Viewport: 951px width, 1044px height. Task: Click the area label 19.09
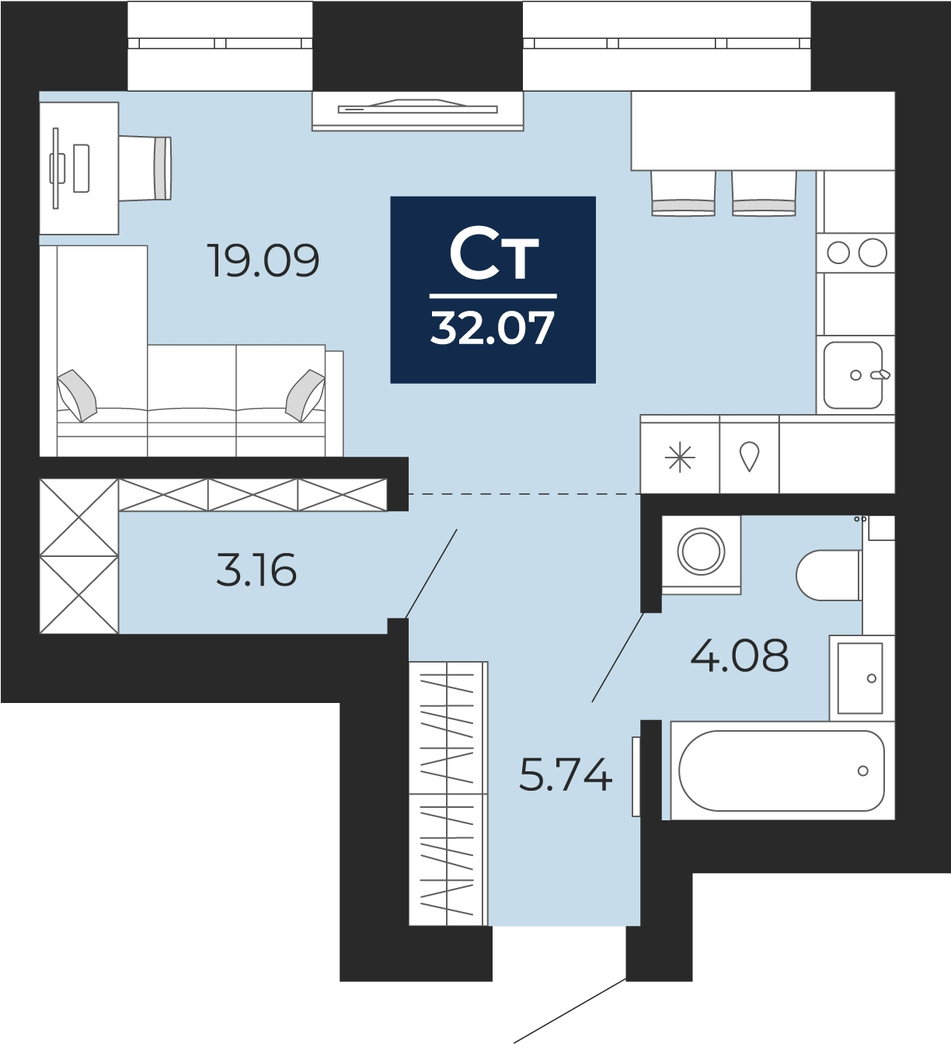click(263, 260)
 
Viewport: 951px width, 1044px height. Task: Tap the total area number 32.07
click(492, 329)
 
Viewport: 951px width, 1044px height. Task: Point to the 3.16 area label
click(256, 570)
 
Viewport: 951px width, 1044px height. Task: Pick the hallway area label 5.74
click(566, 774)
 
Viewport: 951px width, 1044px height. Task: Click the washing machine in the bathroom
click(702, 555)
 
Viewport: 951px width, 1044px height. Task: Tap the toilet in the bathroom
click(829, 575)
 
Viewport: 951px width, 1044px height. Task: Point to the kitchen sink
click(853, 375)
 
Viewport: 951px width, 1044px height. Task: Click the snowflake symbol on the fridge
click(680, 457)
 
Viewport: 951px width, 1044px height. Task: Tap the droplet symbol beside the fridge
click(749, 456)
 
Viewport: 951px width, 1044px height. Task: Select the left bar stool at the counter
click(683, 193)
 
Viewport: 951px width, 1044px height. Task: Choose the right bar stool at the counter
click(764, 193)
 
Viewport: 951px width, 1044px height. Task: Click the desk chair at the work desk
click(145, 168)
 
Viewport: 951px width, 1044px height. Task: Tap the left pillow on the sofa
click(77, 395)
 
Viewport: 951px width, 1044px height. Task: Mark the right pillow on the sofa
click(305, 395)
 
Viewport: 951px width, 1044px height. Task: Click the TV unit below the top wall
click(418, 111)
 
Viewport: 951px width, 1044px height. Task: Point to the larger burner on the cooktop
click(873, 253)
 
